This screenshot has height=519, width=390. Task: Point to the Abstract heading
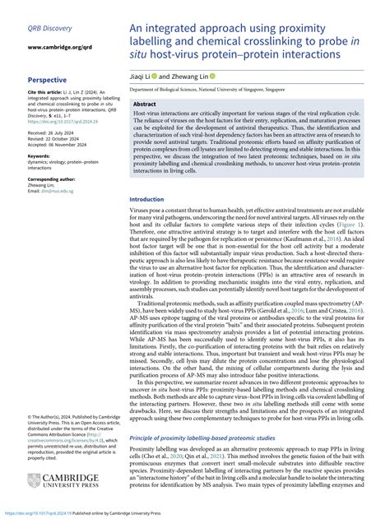(145, 105)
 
